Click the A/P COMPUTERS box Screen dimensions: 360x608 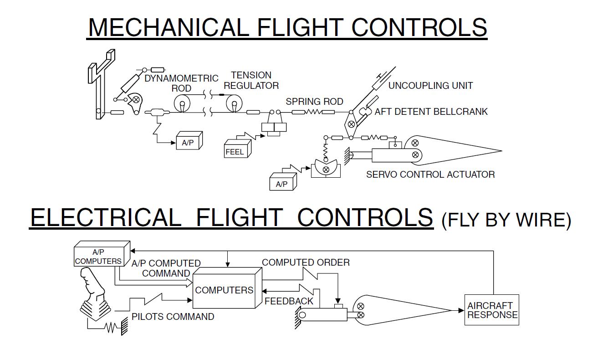click(x=99, y=257)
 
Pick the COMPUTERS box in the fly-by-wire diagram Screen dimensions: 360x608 click(x=224, y=290)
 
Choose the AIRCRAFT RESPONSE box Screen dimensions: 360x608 click(x=492, y=310)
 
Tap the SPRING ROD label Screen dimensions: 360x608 click(x=314, y=101)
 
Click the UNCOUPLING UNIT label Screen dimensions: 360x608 click(x=430, y=85)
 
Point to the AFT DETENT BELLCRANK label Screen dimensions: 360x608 click(x=431, y=112)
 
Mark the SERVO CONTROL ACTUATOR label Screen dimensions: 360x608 click(x=430, y=174)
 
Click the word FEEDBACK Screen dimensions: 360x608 click(x=289, y=301)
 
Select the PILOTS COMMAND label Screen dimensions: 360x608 click(x=173, y=316)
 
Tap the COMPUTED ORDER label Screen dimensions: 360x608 click(x=306, y=262)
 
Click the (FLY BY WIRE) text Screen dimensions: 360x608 click(x=506, y=220)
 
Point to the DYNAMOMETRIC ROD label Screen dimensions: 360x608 click(x=181, y=83)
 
